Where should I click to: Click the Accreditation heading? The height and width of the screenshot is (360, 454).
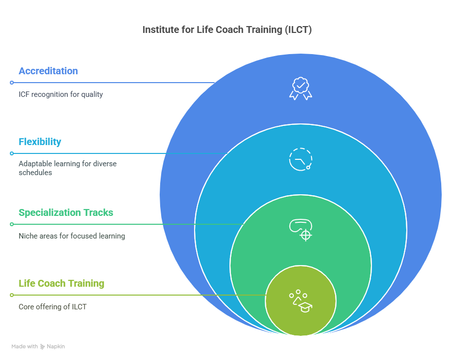pyautogui.click(x=48, y=71)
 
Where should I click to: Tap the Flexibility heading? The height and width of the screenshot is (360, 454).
pyautogui.click(x=40, y=142)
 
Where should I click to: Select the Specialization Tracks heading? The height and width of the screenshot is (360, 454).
pyautogui.click(x=66, y=212)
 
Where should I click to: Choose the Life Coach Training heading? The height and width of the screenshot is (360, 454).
pyautogui.click(x=61, y=283)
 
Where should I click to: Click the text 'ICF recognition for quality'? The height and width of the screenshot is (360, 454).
pyautogui.click(x=61, y=94)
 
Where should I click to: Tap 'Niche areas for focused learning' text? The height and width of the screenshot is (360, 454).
pyautogui.click(x=72, y=236)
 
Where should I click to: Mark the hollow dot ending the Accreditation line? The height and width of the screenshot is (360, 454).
pyautogui.click(x=12, y=83)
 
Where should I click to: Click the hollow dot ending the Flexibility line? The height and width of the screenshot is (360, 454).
pyautogui.click(x=12, y=153)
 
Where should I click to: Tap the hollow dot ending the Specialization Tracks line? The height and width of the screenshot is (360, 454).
pyautogui.click(x=12, y=224)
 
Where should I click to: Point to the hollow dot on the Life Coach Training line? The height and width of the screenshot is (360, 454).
pyautogui.click(x=12, y=295)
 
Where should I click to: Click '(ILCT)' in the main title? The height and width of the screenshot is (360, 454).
pyautogui.click(x=297, y=30)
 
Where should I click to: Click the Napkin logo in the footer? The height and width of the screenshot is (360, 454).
pyautogui.click(x=43, y=346)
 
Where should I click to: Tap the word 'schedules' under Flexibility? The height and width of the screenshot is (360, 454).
pyautogui.click(x=35, y=173)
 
